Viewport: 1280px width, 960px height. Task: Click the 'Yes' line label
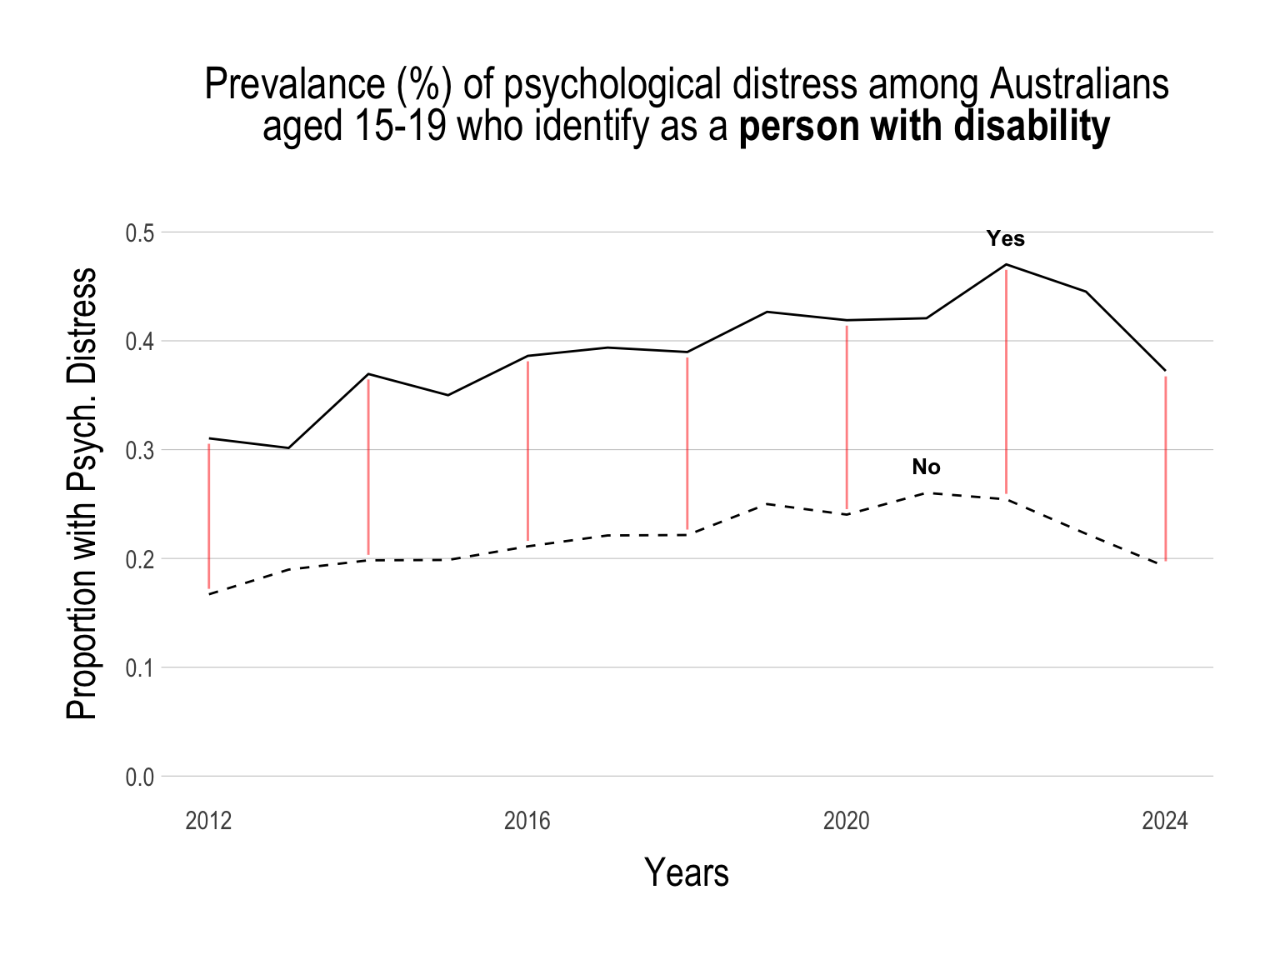click(1006, 239)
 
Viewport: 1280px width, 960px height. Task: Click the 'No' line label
click(926, 467)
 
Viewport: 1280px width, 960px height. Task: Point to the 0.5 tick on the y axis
click(140, 233)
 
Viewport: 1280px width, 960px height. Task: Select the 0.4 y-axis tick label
click(140, 342)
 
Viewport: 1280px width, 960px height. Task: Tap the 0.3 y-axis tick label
click(140, 451)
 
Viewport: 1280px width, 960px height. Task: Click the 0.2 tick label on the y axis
click(140, 559)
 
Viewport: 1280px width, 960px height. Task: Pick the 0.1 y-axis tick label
click(140, 668)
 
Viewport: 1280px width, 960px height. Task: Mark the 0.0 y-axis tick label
click(140, 777)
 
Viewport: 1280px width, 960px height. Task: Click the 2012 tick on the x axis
click(208, 822)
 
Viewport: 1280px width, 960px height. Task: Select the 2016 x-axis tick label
click(527, 822)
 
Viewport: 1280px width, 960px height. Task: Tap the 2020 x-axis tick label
click(847, 822)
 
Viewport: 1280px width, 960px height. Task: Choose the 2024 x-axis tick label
click(1165, 822)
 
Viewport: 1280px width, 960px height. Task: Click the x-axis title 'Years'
click(687, 873)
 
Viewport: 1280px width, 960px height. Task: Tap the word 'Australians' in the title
click(1078, 84)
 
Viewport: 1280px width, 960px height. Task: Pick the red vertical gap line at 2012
click(209, 517)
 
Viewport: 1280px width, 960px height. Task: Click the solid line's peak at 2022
click(1007, 265)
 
